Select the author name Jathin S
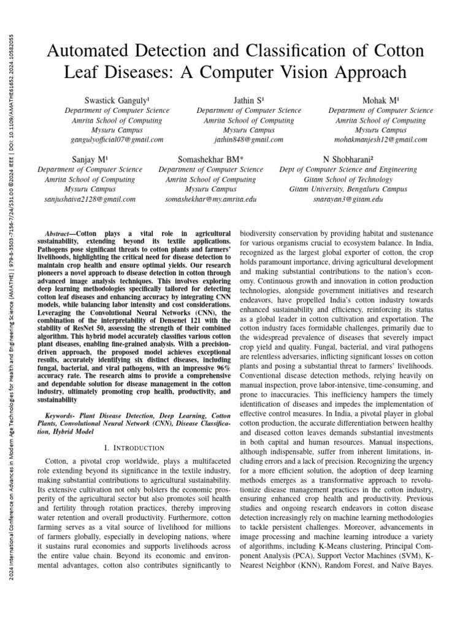248,99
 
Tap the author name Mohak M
380,99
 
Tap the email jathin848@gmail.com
248,140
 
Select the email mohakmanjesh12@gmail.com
380,140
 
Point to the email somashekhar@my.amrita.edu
210,199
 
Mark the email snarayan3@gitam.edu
348,199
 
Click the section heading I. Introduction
134,448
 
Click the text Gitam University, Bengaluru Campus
348,190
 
